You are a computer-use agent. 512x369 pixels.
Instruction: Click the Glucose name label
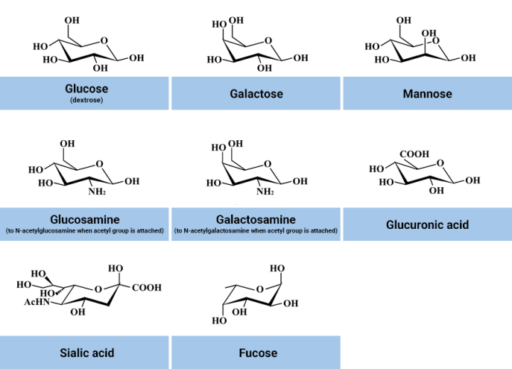point(86,89)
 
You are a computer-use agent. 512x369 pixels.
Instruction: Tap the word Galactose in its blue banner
point(256,94)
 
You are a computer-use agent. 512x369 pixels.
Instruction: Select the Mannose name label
point(427,94)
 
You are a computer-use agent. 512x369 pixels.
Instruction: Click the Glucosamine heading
point(85,220)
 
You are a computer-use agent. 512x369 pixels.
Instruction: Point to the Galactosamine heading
point(256,220)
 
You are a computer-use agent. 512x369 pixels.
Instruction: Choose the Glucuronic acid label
point(427,224)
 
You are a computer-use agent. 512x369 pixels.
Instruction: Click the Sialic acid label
point(86,353)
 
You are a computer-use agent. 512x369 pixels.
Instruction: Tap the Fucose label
point(256,353)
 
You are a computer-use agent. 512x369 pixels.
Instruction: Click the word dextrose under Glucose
point(86,100)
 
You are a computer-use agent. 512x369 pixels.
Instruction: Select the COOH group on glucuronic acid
point(414,154)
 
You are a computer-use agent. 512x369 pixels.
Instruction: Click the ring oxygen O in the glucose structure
point(104,41)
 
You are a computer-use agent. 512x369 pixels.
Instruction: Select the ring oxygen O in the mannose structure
point(445,42)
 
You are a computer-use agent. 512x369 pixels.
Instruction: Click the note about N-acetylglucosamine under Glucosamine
point(85,231)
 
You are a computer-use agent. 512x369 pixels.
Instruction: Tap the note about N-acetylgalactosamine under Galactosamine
point(256,231)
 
